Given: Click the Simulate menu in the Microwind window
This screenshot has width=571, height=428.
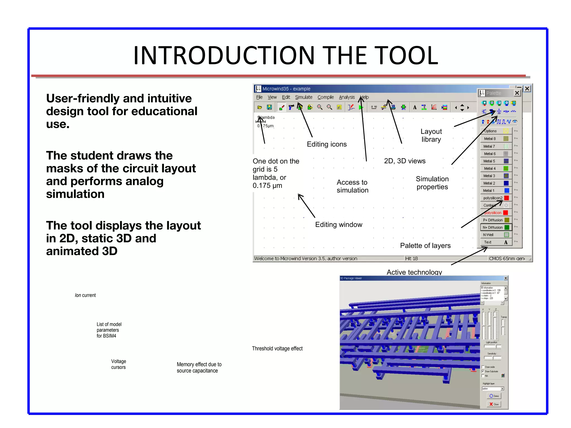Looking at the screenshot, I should click(304, 97).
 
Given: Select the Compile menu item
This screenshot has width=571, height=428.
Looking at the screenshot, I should click(325, 97).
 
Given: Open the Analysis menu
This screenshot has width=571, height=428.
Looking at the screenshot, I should click(347, 97).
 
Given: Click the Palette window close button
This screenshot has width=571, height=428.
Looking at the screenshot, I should click(517, 93).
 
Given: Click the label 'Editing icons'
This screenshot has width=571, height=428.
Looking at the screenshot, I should click(327, 144).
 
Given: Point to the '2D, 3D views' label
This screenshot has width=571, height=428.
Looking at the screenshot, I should click(405, 161).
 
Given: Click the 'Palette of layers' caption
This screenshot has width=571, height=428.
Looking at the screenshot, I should click(425, 245).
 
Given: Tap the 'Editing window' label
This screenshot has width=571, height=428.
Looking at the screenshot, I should click(338, 225).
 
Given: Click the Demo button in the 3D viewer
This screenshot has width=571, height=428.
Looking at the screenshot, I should click(494, 396).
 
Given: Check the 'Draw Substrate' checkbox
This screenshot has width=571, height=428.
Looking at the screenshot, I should click(483, 371).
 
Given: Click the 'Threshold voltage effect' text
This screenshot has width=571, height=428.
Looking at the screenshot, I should click(277, 349).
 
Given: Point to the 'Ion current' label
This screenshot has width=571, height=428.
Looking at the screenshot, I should click(85, 295).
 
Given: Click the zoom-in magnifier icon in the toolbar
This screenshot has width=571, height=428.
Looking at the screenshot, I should click(320, 107).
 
